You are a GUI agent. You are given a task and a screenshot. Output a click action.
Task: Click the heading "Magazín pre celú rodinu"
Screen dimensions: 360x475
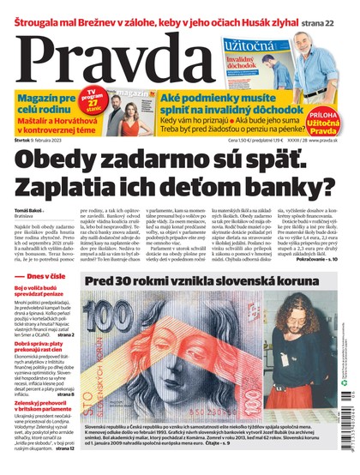(43, 105)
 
